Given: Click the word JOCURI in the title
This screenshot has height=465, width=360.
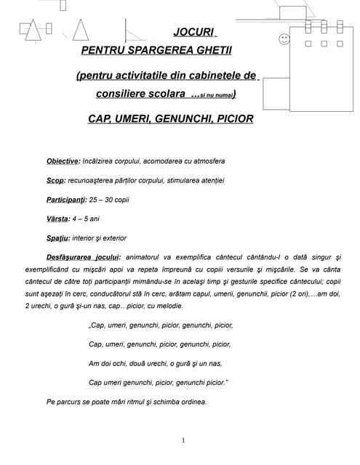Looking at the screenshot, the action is (195, 33).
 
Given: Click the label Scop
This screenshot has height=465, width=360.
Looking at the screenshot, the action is (55, 180).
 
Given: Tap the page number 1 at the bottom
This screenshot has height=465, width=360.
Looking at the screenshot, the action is (182, 440).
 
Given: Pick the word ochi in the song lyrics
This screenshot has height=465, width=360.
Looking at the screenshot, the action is (120, 363).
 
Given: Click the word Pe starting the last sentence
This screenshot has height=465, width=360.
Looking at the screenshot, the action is (50, 402).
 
